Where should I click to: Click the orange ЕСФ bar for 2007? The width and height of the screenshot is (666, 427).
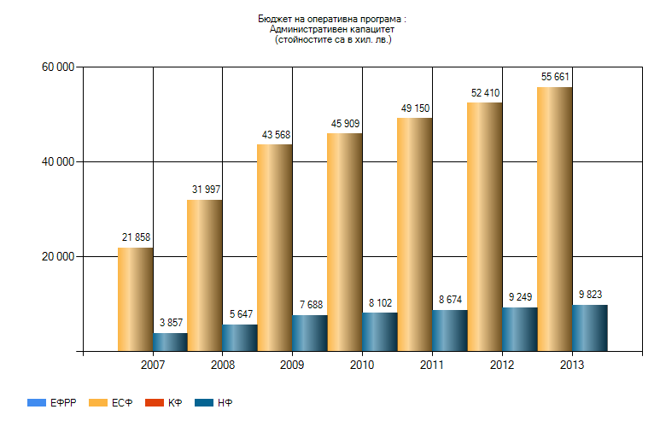135,299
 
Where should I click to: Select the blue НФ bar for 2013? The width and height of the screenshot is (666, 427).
589,328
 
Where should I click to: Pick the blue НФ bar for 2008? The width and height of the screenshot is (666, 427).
240,337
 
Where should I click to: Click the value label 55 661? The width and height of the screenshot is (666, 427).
555,77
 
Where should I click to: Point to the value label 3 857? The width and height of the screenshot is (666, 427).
171,323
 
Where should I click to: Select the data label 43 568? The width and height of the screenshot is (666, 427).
276,135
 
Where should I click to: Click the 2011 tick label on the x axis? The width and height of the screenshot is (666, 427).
432,366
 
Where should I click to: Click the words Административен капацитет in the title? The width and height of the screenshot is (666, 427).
333,29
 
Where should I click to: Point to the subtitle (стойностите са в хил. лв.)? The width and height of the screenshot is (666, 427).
333,39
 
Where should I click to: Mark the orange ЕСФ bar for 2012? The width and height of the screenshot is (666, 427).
484,226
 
